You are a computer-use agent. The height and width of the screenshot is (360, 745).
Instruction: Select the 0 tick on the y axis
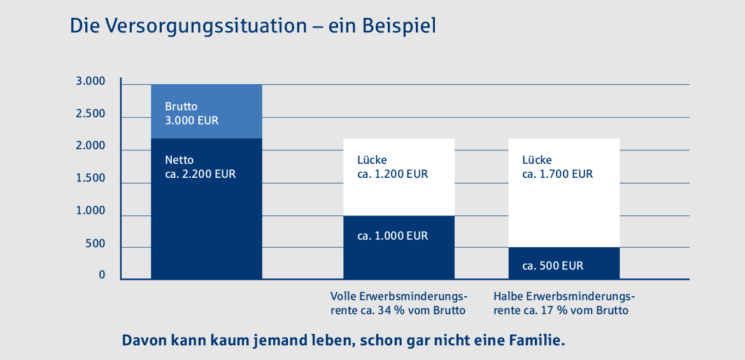pyautogui.click(x=102, y=275)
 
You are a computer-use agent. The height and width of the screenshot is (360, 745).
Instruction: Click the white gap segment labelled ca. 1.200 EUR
pyautogui.click(x=399, y=191)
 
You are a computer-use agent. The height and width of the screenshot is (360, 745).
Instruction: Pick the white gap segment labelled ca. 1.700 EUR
pyautogui.click(x=564, y=204)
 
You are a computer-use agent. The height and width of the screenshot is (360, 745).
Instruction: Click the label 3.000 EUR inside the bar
pyautogui.click(x=192, y=120)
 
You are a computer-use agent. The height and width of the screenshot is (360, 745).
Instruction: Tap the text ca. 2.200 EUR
pyautogui.click(x=200, y=173)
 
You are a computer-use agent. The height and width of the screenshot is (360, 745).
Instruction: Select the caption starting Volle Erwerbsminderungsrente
pyautogui.click(x=399, y=304)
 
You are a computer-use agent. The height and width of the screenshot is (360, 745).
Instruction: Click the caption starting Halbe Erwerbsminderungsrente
pyautogui.click(x=564, y=304)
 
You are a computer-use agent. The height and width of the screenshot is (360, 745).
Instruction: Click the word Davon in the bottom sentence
pyautogui.click(x=143, y=340)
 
